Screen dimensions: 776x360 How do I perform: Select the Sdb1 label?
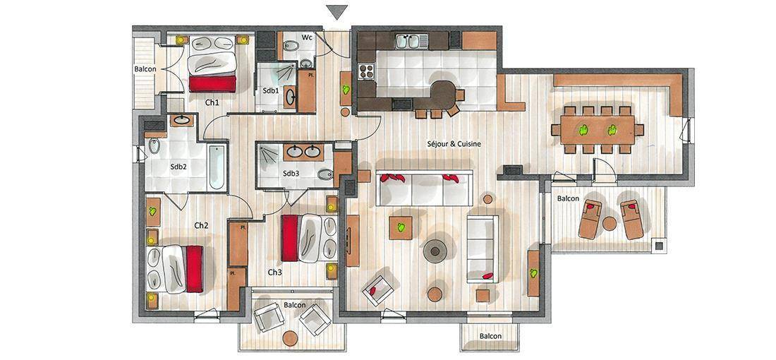pos(271,90)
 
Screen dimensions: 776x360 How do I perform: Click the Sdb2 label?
pos(178,167)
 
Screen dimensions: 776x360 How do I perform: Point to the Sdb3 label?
pos(291,174)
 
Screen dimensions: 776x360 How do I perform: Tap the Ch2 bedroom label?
pos(201,225)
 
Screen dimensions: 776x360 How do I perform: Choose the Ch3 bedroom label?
pos(275,272)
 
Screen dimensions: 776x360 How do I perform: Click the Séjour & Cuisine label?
pos(454,143)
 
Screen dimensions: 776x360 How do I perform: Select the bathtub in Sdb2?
pos(217,167)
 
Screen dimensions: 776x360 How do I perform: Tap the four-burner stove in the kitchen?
pos(365,71)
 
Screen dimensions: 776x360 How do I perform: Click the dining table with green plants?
pos(598,130)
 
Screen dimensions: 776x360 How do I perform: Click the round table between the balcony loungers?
pos(610,224)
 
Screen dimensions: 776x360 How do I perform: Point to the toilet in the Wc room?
pos(291,47)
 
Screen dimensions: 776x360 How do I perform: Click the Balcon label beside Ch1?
pos(145,69)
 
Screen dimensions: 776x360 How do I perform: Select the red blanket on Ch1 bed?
pos(212,84)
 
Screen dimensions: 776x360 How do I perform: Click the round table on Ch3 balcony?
pos(290,339)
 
